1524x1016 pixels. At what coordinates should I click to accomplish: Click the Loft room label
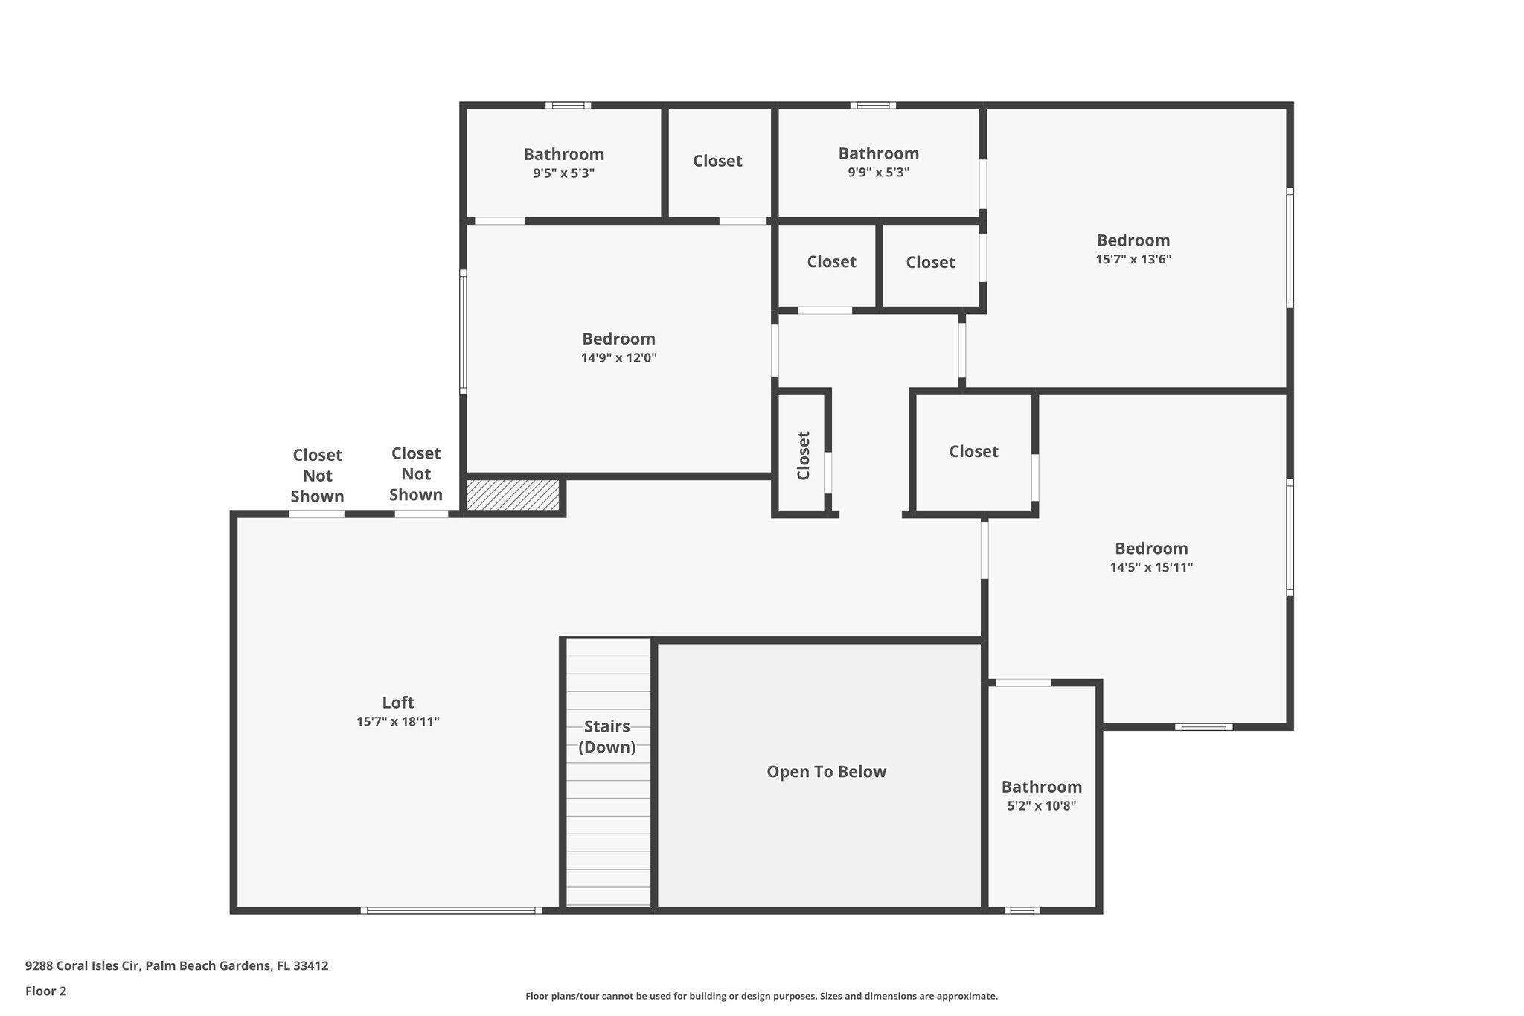pyautogui.click(x=397, y=702)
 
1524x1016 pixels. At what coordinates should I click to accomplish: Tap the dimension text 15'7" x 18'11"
pyautogui.click(x=397, y=721)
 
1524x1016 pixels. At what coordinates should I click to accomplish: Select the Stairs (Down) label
pyautogui.click(x=606, y=736)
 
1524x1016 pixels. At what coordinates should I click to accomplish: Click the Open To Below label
pyautogui.click(x=826, y=771)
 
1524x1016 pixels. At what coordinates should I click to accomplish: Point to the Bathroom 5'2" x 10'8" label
pyautogui.click(x=1041, y=795)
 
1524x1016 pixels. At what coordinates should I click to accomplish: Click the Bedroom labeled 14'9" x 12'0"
pyautogui.click(x=618, y=348)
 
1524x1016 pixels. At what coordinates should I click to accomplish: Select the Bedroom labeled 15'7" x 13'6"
pyautogui.click(x=1133, y=249)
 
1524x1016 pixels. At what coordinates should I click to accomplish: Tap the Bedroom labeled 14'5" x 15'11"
pyautogui.click(x=1150, y=557)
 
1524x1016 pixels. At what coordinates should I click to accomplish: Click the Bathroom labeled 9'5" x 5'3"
pyautogui.click(x=563, y=163)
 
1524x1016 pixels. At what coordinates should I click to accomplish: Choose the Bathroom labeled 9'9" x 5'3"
pyautogui.click(x=878, y=162)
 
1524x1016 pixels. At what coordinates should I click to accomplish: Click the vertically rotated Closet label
pyautogui.click(x=803, y=455)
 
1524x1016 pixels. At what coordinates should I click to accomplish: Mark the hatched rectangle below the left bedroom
pyautogui.click(x=513, y=495)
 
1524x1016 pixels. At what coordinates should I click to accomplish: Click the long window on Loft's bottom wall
pyautogui.click(x=451, y=910)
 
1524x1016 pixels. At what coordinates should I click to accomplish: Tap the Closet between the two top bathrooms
pyautogui.click(x=717, y=161)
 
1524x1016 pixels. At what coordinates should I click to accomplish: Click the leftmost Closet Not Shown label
pyautogui.click(x=317, y=475)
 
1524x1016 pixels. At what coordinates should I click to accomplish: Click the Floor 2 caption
pyautogui.click(x=45, y=991)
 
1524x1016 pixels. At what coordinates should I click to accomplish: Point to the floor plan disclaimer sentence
pyautogui.click(x=761, y=996)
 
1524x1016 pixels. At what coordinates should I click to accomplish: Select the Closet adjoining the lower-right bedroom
pyautogui.click(x=973, y=451)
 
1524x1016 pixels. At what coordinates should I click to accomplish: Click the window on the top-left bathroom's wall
pyautogui.click(x=568, y=105)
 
